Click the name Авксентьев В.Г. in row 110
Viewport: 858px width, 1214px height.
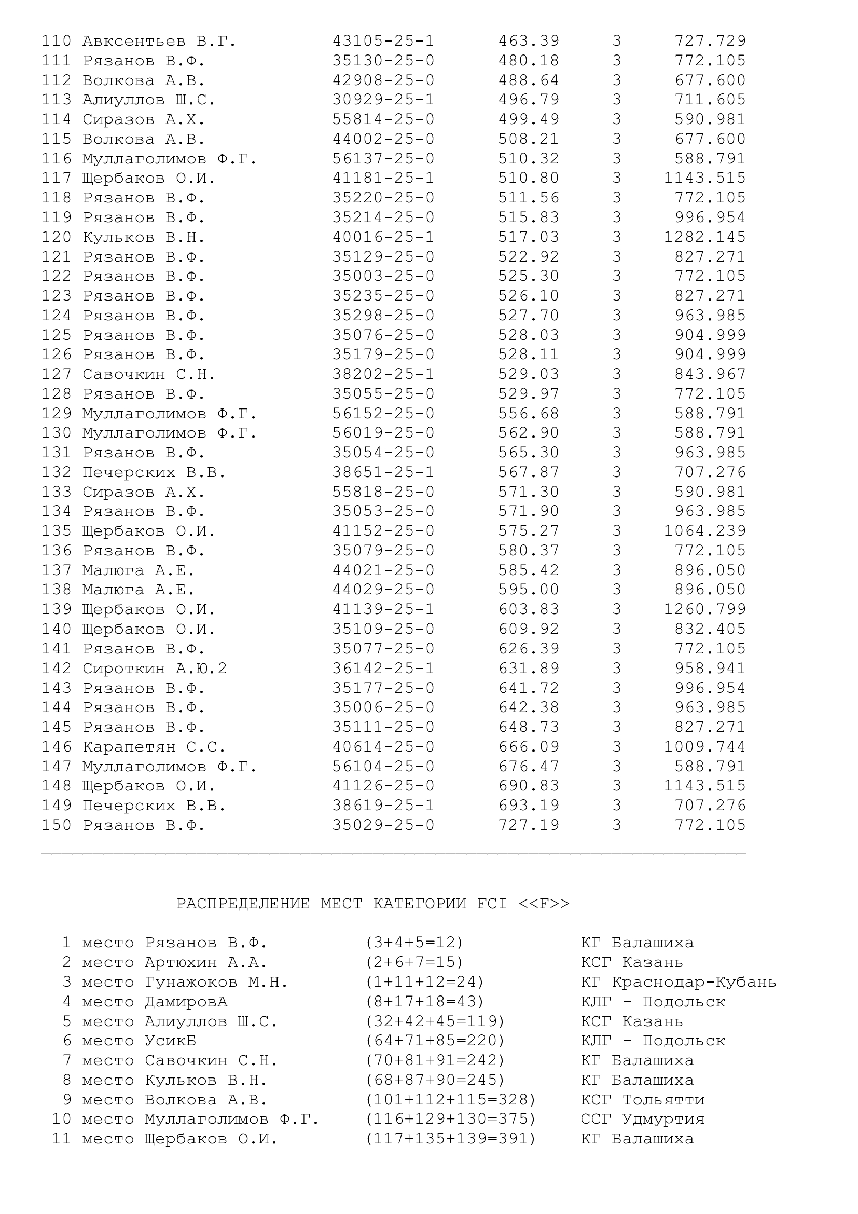coord(159,41)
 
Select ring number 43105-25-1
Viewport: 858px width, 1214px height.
coord(383,41)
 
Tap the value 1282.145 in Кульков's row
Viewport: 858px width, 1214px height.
coord(705,237)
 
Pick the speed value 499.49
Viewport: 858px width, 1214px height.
coord(528,119)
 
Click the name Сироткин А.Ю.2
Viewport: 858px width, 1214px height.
coord(154,669)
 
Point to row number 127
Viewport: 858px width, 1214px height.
coord(56,374)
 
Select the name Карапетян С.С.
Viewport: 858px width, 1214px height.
coord(154,746)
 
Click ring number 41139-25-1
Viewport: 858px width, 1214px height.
coord(383,609)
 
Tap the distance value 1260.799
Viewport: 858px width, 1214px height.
coord(705,609)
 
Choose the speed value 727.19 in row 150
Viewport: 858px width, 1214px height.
coord(528,825)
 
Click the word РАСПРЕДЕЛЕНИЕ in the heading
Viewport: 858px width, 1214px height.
coord(243,904)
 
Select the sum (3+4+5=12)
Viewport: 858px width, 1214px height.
coord(414,943)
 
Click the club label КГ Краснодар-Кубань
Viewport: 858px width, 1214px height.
coord(679,982)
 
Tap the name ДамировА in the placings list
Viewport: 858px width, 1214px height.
coord(186,1001)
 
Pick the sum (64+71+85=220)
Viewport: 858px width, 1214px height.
coord(435,1041)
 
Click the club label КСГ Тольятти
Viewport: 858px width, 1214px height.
coord(642,1100)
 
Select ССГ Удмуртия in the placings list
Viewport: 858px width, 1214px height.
coord(642,1120)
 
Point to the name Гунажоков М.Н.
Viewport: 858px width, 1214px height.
coord(217,982)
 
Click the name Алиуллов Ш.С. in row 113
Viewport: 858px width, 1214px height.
coord(149,100)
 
